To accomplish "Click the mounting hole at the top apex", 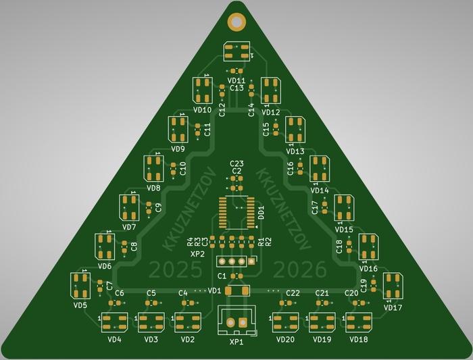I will pos(236,22).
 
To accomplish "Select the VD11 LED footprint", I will pos(236,52).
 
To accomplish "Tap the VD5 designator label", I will pos(80,305).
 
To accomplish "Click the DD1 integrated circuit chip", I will pos(236,211).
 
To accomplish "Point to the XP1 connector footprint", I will pos(236,321).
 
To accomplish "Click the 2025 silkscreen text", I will pos(175,270).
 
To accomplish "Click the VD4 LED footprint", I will pos(114,322).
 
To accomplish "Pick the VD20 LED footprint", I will pos(285,322).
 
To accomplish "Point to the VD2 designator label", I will pos(187,339).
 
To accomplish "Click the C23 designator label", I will pos(236,163).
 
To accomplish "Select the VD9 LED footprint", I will pos(178,129).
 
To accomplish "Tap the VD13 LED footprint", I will pos(295,129).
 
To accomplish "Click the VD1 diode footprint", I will pos(236,290).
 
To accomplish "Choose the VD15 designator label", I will pos(344,230).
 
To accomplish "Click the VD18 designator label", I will pos(359,339).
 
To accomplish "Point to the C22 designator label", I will pos(293,293).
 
